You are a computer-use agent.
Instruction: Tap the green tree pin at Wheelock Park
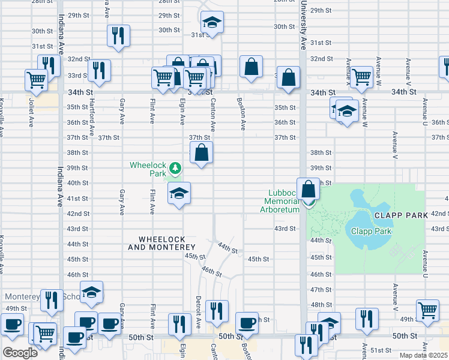pyautogui.click(x=175, y=167)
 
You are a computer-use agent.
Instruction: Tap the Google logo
pyautogui.click(x=20, y=353)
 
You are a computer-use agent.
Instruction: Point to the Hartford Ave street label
pyautogui.click(x=92, y=116)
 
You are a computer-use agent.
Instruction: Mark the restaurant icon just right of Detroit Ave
pyautogui.click(x=216, y=310)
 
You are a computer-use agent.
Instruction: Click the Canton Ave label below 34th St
pyautogui.click(x=213, y=115)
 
